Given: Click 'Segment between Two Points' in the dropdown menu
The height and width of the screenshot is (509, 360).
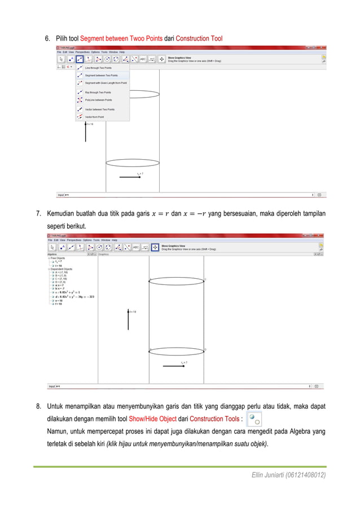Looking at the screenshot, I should pyautogui.click(x=102, y=75).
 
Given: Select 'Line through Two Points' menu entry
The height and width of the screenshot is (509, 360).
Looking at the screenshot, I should pyautogui.click(x=98, y=68).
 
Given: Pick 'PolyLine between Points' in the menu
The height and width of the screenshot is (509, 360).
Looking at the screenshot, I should pyautogui.click(x=99, y=100).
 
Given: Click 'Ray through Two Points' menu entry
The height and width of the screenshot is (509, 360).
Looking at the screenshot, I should pyautogui.click(x=98, y=92).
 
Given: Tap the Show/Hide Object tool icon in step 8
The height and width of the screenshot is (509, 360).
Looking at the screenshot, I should pyautogui.click(x=254, y=419).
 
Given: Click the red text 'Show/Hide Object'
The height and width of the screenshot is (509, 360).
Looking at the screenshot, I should pyautogui.click(x=152, y=419).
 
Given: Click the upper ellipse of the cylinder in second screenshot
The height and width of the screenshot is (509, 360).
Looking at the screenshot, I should pyautogui.click(x=177, y=280).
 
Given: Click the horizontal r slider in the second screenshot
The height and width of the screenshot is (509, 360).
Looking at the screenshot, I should pyautogui.click(x=175, y=366).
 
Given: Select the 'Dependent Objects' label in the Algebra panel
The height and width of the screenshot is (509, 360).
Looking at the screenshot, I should pyautogui.click(x=60, y=269).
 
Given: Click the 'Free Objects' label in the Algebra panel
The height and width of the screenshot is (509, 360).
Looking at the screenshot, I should pyautogui.click(x=57, y=258).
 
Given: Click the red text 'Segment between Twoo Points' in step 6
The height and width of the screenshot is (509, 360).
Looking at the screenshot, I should pyautogui.click(x=121, y=39).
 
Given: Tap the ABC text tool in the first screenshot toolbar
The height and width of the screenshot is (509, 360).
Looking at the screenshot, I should pyautogui.click(x=143, y=58).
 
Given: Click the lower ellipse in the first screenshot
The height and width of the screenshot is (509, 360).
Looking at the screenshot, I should pyautogui.click(x=133, y=163).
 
